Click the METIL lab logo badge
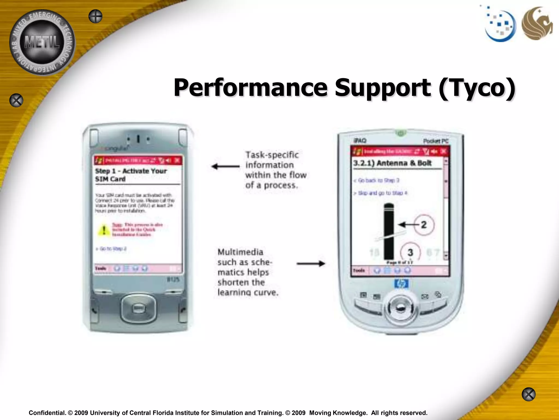tap(42, 42)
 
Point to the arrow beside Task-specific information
tap(225, 166)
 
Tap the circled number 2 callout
tap(424, 225)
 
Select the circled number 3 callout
tap(410, 252)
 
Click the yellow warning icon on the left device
tap(104, 230)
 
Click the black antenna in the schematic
tap(389, 231)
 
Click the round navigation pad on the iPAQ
tap(400, 308)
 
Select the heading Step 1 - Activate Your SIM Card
tap(131, 175)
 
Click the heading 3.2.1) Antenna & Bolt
tap(392, 163)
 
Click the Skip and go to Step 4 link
tap(380, 193)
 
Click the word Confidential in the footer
tap(47, 413)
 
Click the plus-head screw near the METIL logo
tap(95, 16)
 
